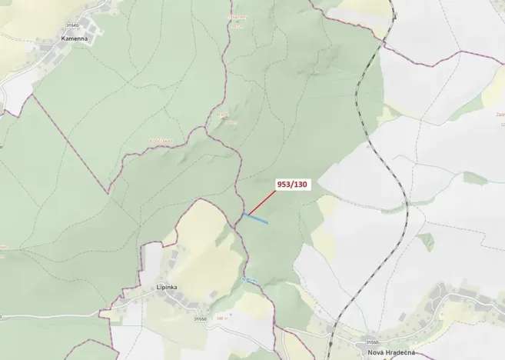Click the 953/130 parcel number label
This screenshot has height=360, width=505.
click(292, 185)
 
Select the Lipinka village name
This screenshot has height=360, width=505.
click(167, 288)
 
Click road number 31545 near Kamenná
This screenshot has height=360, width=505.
click(73, 25)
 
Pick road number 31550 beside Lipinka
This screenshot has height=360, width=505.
click(200, 318)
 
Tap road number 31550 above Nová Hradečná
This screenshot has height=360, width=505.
click(371, 342)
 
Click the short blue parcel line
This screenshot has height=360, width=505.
click(256, 218)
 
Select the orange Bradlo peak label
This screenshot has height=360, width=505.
click(222, 116)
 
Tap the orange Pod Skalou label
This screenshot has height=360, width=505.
click(161, 140)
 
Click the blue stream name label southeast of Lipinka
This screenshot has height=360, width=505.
click(248, 278)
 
